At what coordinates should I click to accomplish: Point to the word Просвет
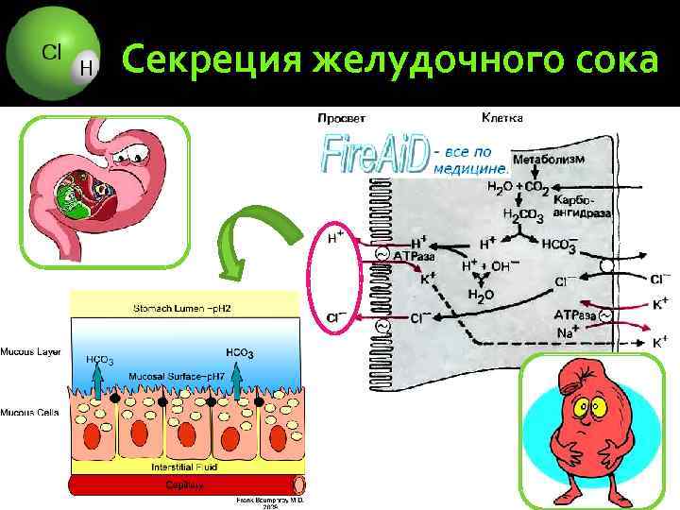342,118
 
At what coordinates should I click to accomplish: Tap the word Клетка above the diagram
502,118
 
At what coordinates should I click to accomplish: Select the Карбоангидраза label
582,207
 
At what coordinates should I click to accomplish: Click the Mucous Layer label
31,351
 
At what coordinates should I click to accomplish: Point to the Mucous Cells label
31,413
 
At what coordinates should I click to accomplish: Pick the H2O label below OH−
482,296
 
